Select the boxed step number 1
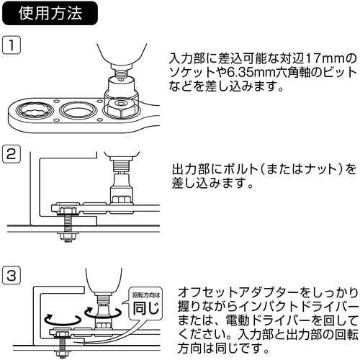12,46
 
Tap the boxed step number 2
12,154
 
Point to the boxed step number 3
12,276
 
